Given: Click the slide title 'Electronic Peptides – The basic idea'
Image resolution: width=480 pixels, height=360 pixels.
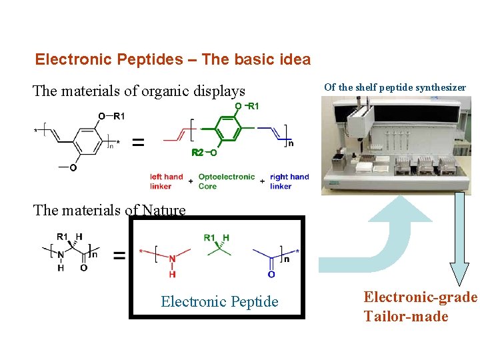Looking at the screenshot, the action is click(x=173, y=59).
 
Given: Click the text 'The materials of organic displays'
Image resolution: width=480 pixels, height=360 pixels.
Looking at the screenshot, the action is click(x=139, y=91).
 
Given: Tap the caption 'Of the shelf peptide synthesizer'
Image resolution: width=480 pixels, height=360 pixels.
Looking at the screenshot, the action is click(x=395, y=87).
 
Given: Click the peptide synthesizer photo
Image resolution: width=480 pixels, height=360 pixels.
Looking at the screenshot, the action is click(x=396, y=145).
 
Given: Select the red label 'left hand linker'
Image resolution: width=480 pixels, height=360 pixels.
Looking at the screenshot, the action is click(x=166, y=181).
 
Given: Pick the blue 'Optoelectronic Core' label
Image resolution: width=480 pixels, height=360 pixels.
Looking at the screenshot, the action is click(x=226, y=181).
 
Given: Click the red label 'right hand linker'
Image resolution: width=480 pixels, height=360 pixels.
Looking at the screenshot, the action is click(x=289, y=181).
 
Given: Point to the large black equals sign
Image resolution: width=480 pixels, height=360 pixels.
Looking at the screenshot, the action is click(x=138, y=142).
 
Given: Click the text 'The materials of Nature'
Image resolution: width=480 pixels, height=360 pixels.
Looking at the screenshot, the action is click(x=109, y=211).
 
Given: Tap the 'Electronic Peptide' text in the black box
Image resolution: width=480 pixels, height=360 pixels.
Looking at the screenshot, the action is click(x=219, y=302).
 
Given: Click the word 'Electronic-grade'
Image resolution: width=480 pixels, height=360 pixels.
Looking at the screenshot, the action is click(x=420, y=297).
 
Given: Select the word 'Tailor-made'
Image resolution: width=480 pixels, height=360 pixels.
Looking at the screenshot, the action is click(x=405, y=316).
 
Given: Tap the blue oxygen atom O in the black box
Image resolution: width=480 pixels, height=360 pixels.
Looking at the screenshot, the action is click(x=271, y=274).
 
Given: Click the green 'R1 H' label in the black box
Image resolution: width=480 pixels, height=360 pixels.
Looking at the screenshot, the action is click(x=217, y=238).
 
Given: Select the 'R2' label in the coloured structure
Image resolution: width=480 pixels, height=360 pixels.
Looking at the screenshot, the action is click(x=197, y=153).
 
